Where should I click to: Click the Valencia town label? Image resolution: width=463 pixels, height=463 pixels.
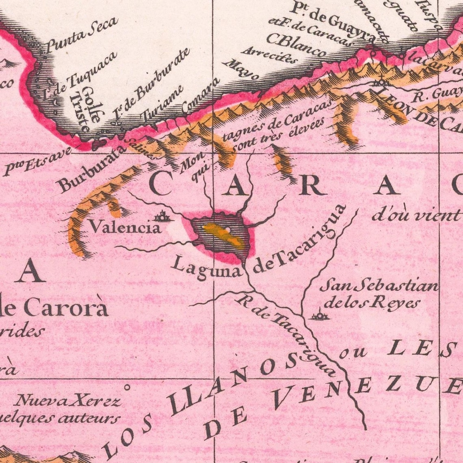click(125, 227)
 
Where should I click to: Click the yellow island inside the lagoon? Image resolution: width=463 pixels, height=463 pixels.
click(224, 236)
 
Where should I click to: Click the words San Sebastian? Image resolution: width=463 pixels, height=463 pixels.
click(379, 286)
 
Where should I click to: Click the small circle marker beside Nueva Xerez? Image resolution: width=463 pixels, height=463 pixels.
click(127, 387)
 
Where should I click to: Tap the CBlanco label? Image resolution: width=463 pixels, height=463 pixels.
click(296, 45)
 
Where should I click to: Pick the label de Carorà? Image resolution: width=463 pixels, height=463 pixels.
click(54, 307)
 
